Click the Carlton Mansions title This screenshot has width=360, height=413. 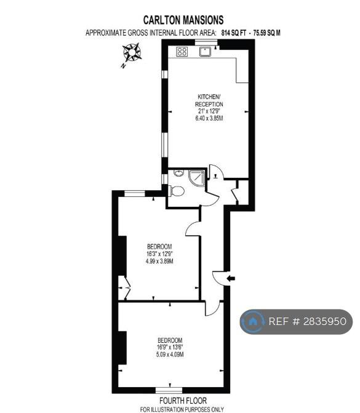coord(183,20)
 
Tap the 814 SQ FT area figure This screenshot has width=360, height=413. coord(234,33)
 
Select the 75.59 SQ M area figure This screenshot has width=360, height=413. coord(267,33)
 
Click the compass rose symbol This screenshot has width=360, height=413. coord(132,52)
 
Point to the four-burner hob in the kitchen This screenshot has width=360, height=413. coord(182,52)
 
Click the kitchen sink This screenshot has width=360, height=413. coord(205,51)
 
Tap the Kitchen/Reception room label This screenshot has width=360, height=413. coord(209,100)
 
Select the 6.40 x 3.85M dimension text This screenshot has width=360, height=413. coord(209,118)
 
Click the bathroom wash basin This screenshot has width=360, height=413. coord(179,174)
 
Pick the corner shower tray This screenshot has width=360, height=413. coord(197,178)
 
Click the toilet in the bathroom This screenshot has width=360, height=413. coord(177,191)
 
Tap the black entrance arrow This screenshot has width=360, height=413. coord(231,278)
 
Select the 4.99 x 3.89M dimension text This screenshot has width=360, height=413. coord(159,262)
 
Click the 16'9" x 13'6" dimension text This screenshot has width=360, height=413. coord(170,347)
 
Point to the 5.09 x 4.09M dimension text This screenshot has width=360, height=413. coord(170,355)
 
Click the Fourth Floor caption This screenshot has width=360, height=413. coord(183,401)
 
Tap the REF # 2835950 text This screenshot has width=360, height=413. coord(307,321)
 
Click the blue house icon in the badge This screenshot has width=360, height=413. coord(253,321)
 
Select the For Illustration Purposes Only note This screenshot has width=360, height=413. coord(182,409)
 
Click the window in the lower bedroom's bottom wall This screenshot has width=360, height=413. coord(169,390)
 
